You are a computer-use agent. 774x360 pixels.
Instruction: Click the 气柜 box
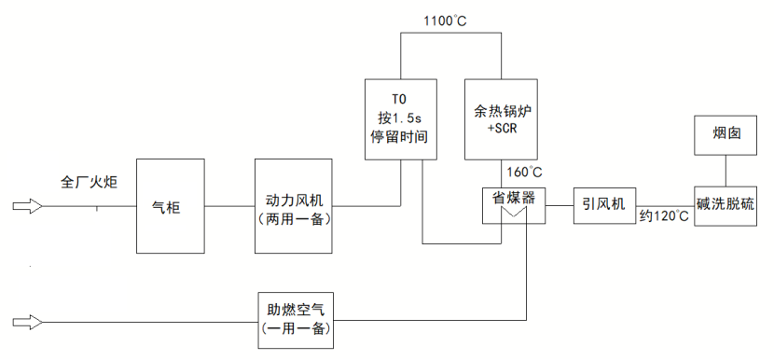coord(171,206)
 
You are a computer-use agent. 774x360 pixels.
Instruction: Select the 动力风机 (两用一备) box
coord(293,206)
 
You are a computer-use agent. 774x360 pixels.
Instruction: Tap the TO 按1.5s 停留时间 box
coord(399,118)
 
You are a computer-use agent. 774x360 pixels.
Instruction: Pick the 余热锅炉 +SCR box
coord(501,118)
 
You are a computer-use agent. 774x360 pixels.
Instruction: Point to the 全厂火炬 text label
coord(89,181)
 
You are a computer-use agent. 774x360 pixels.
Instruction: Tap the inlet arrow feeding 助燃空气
coord(28,323)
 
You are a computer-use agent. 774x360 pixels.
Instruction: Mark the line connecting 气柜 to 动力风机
coord(229,206)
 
